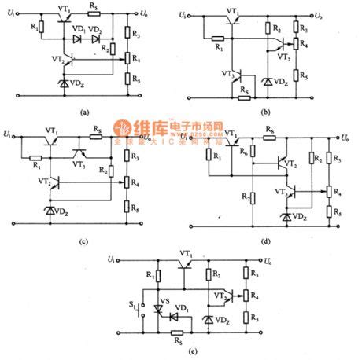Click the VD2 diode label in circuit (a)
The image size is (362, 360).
tap(95, 29)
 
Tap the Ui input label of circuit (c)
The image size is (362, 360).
tap(7, 136)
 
